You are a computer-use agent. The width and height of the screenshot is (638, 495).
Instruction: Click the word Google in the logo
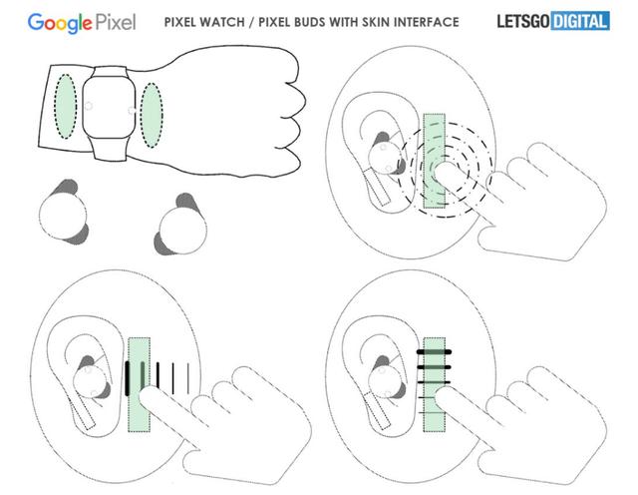tap(60, 23)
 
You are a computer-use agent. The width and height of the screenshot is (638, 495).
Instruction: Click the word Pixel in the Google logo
tap(116, 22)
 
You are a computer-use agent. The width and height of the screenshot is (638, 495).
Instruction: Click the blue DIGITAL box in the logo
tap(580, 21)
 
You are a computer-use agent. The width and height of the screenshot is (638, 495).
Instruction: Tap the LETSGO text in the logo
tap(523, 22)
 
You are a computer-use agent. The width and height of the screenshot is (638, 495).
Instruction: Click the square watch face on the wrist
tap(109, 108)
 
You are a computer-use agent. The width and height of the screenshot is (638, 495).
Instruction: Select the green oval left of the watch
tap(65, 107)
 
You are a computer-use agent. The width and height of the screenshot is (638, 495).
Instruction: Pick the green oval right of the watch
tap(152, 115)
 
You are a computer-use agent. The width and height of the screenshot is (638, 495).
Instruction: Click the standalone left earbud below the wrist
tap(64, 214)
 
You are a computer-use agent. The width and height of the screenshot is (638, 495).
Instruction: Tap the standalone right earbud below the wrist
tap(180, 226)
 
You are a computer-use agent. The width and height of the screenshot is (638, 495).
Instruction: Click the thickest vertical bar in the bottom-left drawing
tap(128, 378)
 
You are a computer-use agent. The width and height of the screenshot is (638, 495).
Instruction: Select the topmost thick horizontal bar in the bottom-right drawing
tap(434, 351)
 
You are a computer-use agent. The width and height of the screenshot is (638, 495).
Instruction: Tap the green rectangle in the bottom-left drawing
tap(140, 384)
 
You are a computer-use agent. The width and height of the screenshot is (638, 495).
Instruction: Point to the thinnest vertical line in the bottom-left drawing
tap(188, 378)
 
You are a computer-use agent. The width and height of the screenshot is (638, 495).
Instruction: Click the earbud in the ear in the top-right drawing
tap(386, 154)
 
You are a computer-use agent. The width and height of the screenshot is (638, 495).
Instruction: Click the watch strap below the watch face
tap(109, 149)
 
